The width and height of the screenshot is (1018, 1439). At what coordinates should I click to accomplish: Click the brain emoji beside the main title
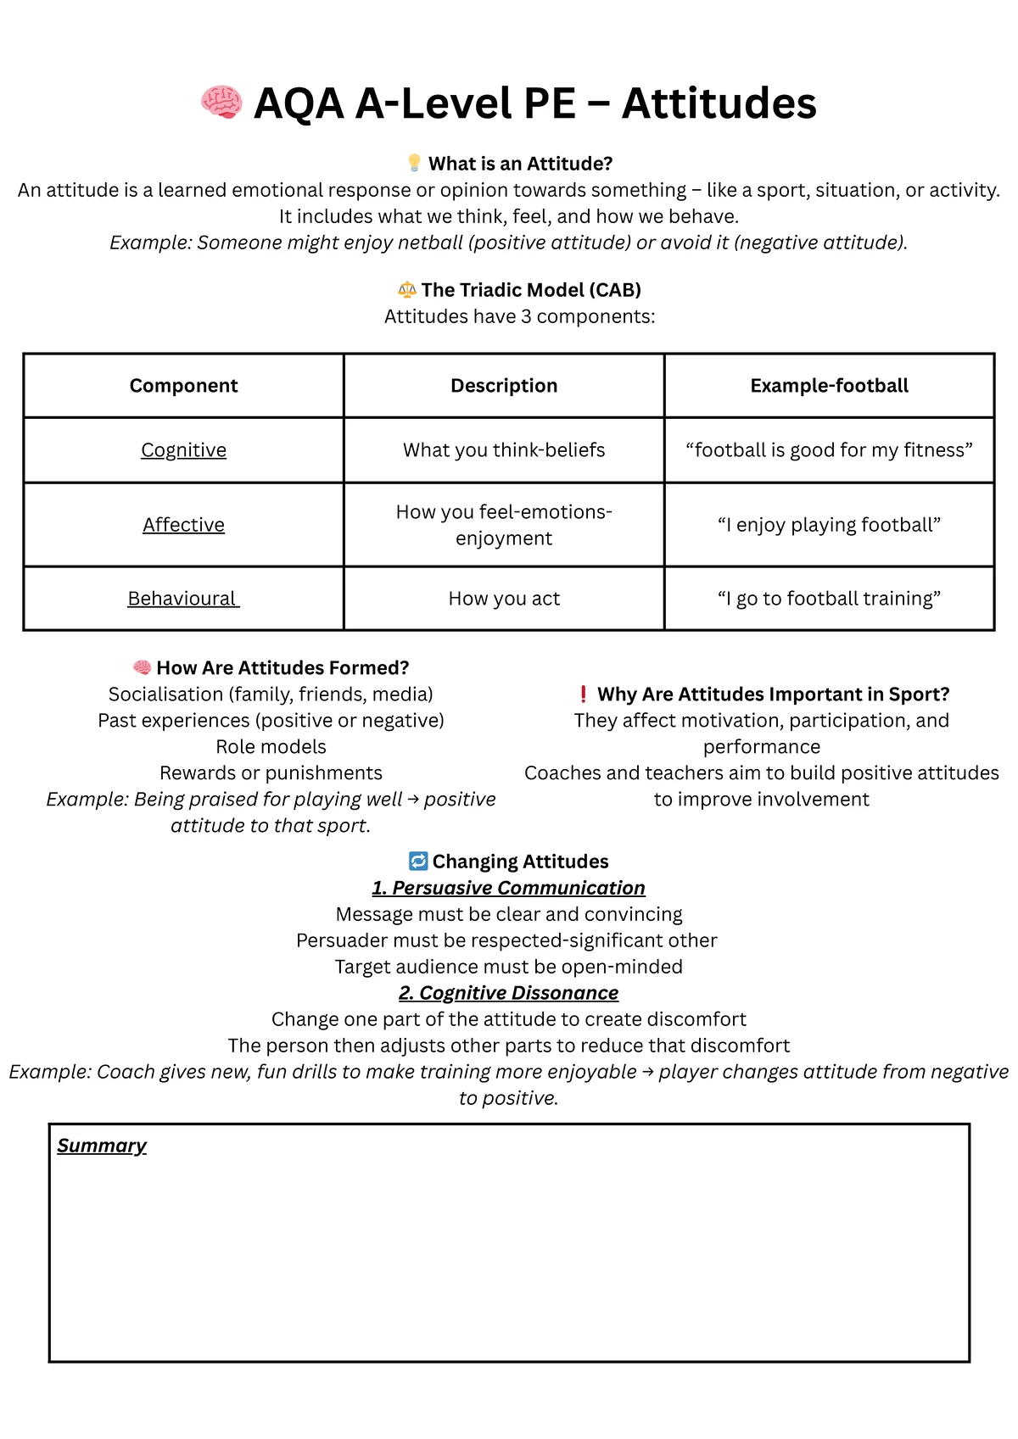pos(221,103)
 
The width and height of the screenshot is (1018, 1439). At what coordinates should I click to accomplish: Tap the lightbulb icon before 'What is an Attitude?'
pos(414,163)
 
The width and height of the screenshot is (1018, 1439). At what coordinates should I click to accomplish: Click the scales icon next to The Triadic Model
pos(407,290)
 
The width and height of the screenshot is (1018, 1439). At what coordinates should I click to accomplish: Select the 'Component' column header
pos(183,386)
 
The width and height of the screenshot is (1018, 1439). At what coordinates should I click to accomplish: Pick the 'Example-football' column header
pos(829,386)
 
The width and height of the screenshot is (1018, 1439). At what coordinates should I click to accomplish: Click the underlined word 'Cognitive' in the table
pos(183,450)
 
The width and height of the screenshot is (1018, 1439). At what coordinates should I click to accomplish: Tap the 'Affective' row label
pos(183,525)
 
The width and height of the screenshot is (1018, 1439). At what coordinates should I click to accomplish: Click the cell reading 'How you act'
pos(504,599)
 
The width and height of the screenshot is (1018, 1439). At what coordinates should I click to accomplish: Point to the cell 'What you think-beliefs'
pos(504,450)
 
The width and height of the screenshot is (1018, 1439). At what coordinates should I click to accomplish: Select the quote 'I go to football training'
pos(829,599)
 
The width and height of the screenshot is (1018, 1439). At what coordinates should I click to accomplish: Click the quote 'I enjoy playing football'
pos(829,525)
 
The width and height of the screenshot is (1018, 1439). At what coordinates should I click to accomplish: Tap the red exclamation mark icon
pos(583,694)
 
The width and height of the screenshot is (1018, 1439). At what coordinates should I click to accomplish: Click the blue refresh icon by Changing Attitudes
pos(418,862)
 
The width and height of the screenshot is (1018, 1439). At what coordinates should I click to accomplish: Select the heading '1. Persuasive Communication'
pos(508,888)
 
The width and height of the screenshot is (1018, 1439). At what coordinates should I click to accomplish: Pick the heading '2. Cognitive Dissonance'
pos(508,993)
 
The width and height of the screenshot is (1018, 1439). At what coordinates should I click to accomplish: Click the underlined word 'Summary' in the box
pos(102,1146)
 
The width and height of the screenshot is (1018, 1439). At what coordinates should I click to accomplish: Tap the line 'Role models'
pos(271,747)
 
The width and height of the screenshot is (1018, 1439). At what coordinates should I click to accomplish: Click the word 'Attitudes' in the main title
pos(719,103)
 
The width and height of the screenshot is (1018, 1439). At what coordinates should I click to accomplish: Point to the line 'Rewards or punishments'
pos(271,773)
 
